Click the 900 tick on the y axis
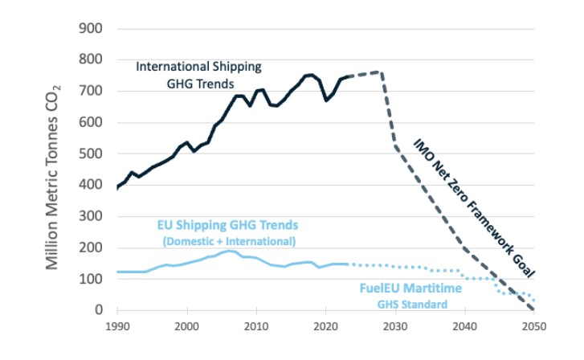tap(92, 28)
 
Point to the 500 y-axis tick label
tap(92, 153)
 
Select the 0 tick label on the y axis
tap(100, 310)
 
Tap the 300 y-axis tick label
tap(92, 216)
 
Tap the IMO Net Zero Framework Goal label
tap(474, 205)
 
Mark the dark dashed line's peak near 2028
tap(380, 72)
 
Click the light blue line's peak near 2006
tap(230, 252)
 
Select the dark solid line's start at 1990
tap(117, 188)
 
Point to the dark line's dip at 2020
tap(325, 100)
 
